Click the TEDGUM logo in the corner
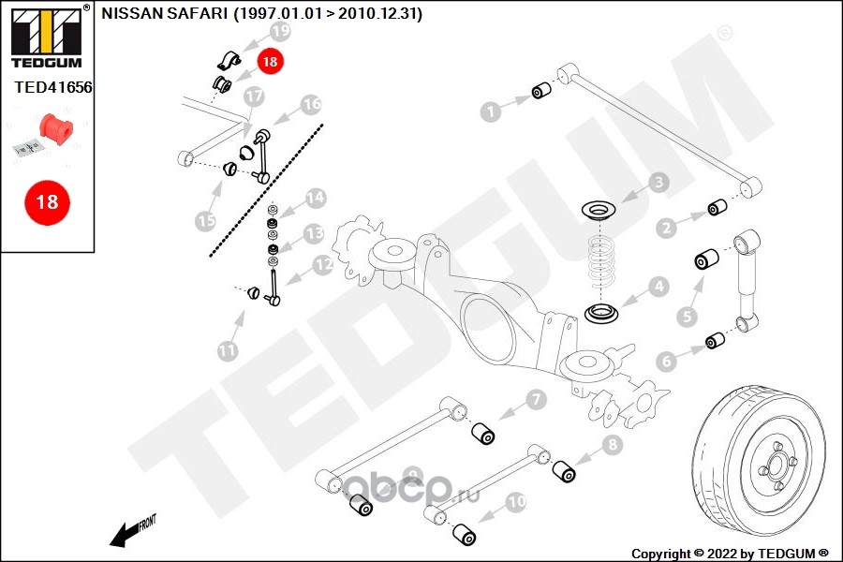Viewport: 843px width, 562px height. (x=46, y=37)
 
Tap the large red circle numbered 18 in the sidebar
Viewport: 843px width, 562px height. (x=46, y=201)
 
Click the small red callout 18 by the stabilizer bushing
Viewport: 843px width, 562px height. (x=270, y=62)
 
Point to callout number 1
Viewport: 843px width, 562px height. (x=488, y=112)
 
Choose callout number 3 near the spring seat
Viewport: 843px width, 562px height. (x=659, y=183)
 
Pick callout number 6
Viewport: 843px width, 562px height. (x=666, y=361)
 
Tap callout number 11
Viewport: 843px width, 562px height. (x=228, y=350)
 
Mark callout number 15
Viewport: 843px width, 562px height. (x=205, y=221)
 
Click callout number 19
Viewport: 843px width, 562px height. (x=280, y=32)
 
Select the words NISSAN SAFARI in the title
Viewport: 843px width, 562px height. (x=164, y=14)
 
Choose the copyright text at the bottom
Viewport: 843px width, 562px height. (x=729, y=553)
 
